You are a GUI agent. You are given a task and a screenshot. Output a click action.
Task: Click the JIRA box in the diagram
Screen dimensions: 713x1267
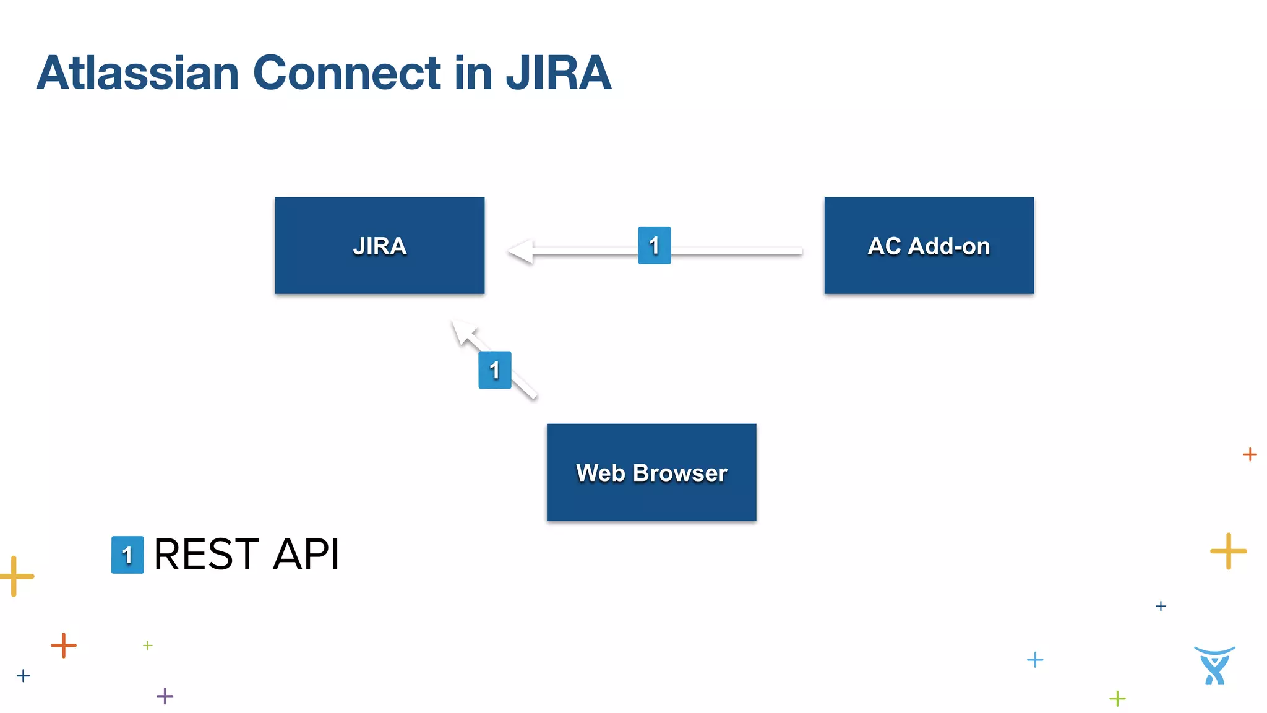point(379,246)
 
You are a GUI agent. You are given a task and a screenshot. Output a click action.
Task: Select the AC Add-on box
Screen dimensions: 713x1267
point(929,246)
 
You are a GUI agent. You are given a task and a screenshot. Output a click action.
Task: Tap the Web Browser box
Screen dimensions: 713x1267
point(651,472)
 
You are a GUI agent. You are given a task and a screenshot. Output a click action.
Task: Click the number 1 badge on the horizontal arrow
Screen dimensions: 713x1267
point(654,245)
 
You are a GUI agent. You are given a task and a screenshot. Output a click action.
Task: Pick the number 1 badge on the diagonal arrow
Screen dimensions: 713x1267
point(494,370)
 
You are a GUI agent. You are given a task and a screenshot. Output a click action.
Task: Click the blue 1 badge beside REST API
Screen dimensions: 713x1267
point(127,555)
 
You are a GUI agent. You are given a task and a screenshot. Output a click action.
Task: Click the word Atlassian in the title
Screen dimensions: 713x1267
point(137,73)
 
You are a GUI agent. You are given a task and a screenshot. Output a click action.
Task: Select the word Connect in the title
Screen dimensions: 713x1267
point(347,73)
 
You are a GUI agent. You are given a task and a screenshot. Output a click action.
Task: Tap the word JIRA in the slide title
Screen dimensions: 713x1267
point(559,73)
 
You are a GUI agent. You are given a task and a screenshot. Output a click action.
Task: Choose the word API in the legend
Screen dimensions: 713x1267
point(306,554)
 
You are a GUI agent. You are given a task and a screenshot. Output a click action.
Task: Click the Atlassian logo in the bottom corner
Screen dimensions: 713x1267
point(1214,665)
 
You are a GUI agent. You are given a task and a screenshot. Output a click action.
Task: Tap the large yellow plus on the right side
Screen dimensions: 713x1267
point(1228,551)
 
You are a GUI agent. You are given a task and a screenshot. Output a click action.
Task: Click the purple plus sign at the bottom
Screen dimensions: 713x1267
point(165,696)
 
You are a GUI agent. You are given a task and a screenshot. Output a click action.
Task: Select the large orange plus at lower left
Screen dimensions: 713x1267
point(64,646)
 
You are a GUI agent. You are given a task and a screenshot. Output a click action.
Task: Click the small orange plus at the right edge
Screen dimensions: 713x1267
point(1250,454)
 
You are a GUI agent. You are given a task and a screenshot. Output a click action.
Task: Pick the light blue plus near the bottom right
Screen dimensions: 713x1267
point(1034,660)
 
